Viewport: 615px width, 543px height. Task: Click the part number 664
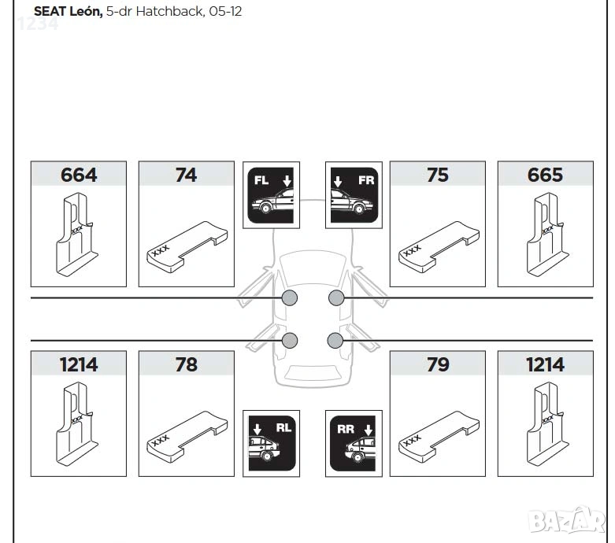tap(79, 175)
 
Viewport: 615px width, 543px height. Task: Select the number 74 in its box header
tap(186, 175)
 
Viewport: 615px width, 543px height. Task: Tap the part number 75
tap(437, 175)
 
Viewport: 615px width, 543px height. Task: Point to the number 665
tap(545, 175)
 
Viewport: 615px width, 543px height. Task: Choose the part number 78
tap(187, 364)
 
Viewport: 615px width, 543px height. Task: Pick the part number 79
tap(438, 364)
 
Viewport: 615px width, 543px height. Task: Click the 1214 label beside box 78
tap(79, 364)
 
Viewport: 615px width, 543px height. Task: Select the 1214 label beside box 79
tap(545, 364)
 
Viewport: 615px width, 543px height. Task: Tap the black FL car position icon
tap(272, 195)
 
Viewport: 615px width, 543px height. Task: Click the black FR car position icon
tap(354, 195)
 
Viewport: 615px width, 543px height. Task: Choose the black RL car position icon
tap(272, 443)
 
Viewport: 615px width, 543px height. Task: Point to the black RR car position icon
tap(354, 443)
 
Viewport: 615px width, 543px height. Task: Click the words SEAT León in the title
tap(69, 11)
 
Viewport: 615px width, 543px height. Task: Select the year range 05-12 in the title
tap(225, 11)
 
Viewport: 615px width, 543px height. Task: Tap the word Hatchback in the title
tap(170, 11)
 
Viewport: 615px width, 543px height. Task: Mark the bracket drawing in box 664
tap(76, 234)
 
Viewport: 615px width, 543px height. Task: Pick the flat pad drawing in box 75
tap(439, 247)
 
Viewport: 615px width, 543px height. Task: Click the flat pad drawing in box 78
tap(187, 437)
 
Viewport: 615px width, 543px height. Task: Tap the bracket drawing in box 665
tap(547, 234)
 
